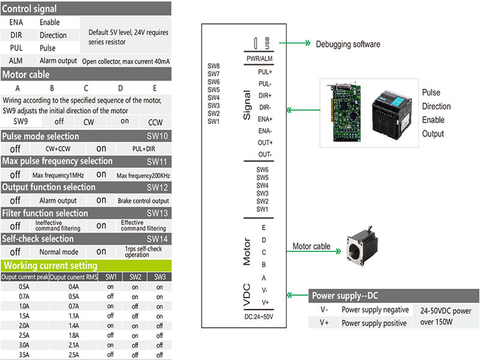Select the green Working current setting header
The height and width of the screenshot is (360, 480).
50,265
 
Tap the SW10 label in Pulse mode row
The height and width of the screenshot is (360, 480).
157,136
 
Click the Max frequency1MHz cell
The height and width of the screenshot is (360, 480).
58,175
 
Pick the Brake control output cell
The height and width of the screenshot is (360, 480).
143,200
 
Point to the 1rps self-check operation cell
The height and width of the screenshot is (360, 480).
143,252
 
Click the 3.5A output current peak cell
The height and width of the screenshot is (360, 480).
24,355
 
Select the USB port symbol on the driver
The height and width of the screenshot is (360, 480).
256,44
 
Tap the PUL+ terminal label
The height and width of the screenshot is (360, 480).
265,72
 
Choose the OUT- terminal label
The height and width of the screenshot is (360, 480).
265,154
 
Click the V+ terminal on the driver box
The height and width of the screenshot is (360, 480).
265,302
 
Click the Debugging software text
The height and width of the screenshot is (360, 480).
348,44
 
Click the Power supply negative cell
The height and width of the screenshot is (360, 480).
374,310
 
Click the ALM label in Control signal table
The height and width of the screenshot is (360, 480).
16,61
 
